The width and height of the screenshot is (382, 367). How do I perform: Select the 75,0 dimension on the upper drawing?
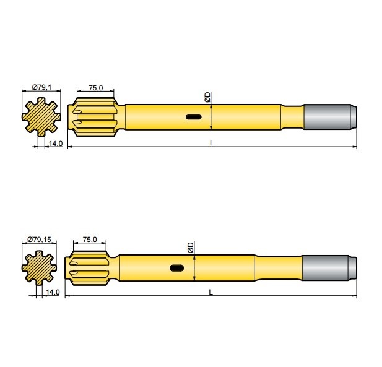(96, 88)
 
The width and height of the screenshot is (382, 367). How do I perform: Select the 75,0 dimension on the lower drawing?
(90, 239)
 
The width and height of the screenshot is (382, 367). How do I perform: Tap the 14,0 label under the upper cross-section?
(56, 144)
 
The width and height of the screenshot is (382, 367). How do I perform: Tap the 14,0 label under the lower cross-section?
(52, 292)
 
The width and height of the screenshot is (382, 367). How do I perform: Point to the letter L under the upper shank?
(211, 143)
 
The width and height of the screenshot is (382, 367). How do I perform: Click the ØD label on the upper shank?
(207, 97)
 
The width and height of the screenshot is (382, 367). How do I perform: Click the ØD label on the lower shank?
(191, 248)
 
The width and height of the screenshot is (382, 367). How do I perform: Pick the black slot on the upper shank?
(193, 116)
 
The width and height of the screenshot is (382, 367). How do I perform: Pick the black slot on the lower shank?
(177, 268)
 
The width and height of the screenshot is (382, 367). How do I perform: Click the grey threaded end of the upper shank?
(330, 116)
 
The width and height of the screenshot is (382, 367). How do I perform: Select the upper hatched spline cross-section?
(41, 116)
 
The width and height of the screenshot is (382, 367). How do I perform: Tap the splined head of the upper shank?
(96, 116)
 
